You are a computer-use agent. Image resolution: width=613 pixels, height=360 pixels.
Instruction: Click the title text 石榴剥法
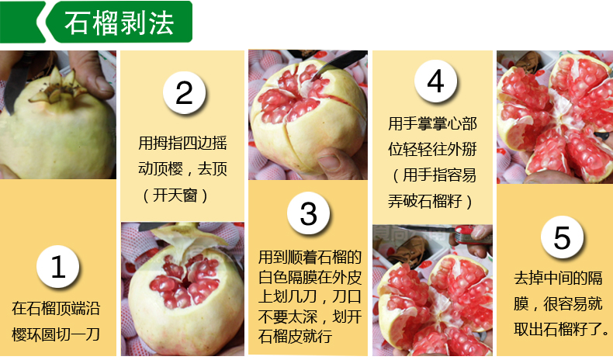coord(119,23)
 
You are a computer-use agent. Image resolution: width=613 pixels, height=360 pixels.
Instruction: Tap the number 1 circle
coord(58,267)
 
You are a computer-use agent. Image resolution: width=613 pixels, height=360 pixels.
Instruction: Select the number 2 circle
coord(184,92)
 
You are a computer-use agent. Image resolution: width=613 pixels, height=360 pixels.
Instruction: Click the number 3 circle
coord(309,213)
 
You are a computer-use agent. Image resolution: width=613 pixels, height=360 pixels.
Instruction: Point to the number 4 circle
coord(435,81)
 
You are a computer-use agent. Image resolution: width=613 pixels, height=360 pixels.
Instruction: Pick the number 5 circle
coord(562,237)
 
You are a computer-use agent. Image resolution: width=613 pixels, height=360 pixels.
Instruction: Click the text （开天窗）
coord(175,195)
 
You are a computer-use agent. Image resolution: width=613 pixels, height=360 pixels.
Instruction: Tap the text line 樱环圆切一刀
coord(56,334)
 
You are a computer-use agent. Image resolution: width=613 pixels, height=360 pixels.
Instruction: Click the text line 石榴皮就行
coord(295,336)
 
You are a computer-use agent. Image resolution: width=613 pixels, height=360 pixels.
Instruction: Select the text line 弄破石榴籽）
coord(430,201)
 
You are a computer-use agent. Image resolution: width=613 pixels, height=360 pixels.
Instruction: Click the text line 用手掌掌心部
coord(432,124)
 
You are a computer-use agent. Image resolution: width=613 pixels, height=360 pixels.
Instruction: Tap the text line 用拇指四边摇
coord(182,143)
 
